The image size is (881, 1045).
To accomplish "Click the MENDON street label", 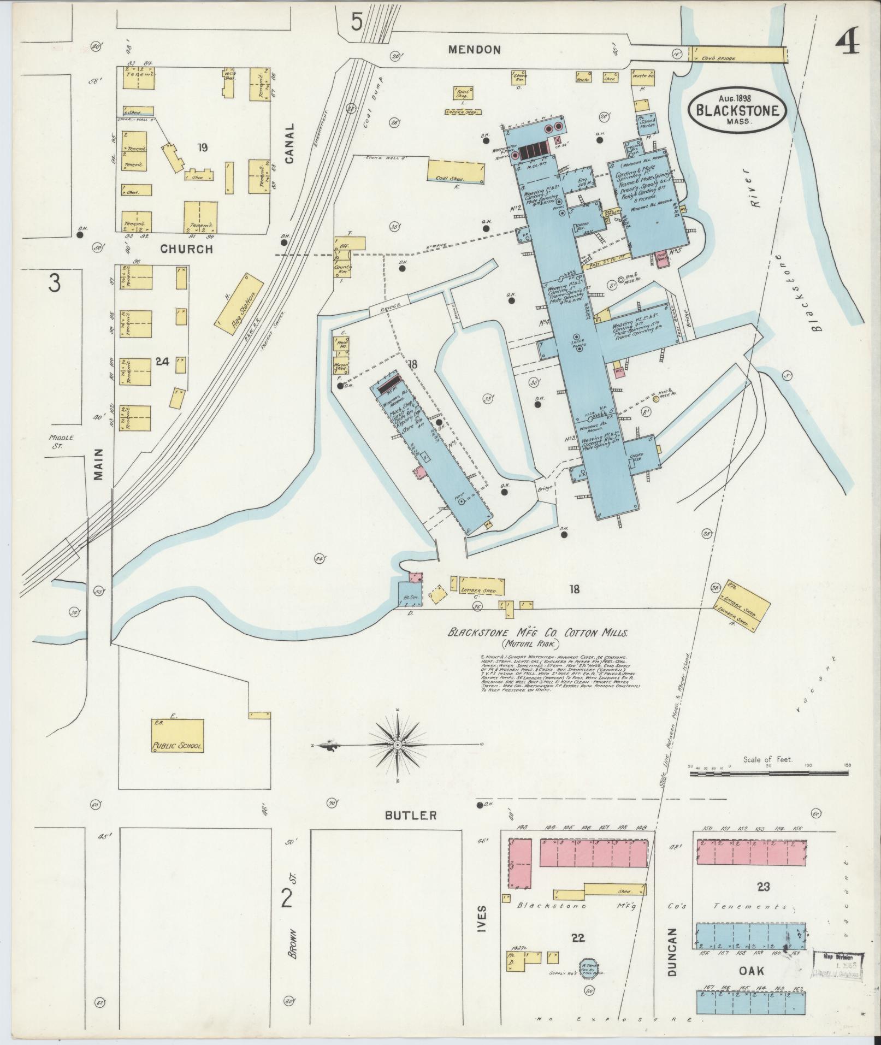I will point(474,50).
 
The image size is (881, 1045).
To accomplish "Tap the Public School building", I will point(178,736).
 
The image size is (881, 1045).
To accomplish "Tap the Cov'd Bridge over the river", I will point(737,55).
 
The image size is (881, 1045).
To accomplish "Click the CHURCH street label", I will point(186,249).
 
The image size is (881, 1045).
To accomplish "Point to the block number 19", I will point(203,146).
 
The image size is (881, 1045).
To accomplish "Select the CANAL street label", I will point(289,144).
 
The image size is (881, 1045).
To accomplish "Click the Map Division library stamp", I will point(838,963).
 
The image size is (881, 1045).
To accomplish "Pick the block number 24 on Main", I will point(163,361).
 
